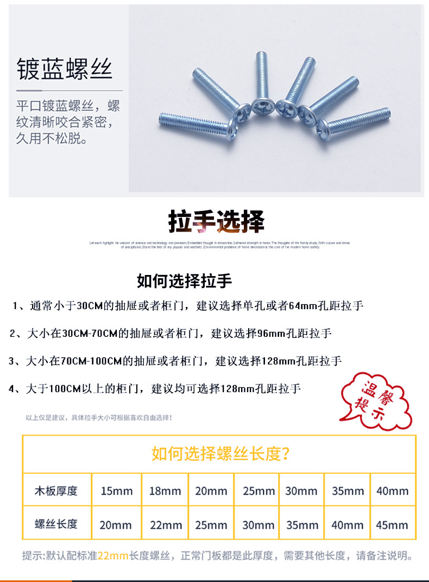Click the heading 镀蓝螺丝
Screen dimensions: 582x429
(65, 70)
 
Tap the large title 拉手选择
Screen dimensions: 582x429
(216, 221)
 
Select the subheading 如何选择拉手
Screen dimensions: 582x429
(184, 282)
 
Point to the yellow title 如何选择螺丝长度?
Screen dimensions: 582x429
(220, 453)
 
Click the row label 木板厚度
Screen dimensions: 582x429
(56, 491)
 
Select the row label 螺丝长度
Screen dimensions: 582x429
(56, 524)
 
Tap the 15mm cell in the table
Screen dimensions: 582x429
(116, 491)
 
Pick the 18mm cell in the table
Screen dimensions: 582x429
(165, 491)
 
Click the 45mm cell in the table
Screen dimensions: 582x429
(392, 525)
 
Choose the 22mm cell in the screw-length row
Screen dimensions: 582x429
(165, 525)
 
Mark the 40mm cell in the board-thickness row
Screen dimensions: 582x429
(392, 491)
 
